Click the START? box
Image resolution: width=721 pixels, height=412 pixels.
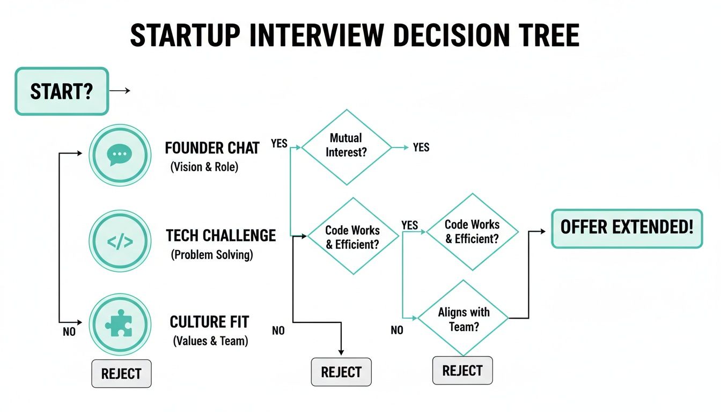[x=61, y=91]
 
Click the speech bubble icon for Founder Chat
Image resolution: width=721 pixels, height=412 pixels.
[x=119, y=155]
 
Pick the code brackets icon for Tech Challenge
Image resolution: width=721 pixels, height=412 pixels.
[x=119, y=241]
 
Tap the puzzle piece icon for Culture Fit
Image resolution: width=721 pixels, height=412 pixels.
[x=119, y=325]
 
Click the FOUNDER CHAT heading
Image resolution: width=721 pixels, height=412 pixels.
[x=212, y=148]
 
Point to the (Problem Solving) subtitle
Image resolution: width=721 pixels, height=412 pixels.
[x=212, y=255]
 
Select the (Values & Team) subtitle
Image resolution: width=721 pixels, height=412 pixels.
[x=210, y=340]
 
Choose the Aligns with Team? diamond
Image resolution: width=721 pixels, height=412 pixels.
[x=463, y=318]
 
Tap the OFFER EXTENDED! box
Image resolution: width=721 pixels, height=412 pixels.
[x=627, y=228]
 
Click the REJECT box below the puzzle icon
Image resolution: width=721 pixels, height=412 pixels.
[x=121, y=373]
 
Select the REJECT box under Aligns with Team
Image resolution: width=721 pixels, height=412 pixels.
[x=462, y=370]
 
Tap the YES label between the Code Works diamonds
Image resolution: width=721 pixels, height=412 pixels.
[x=409, y=225]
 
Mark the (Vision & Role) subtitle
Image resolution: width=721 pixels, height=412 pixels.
[x=204, y=167]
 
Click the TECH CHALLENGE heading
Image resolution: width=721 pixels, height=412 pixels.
[x=220, y=236]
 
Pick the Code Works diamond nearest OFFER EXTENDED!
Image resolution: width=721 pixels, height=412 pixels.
[x=472, y=231]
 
